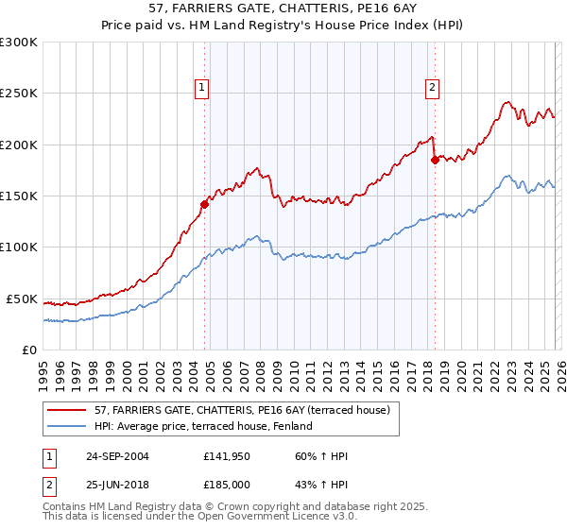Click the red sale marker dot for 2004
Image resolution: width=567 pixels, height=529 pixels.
(x=204, y=203)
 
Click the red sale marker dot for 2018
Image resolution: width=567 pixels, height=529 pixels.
(x=435, y=160)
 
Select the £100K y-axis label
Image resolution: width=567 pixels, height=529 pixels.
(x=19, y=247)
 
